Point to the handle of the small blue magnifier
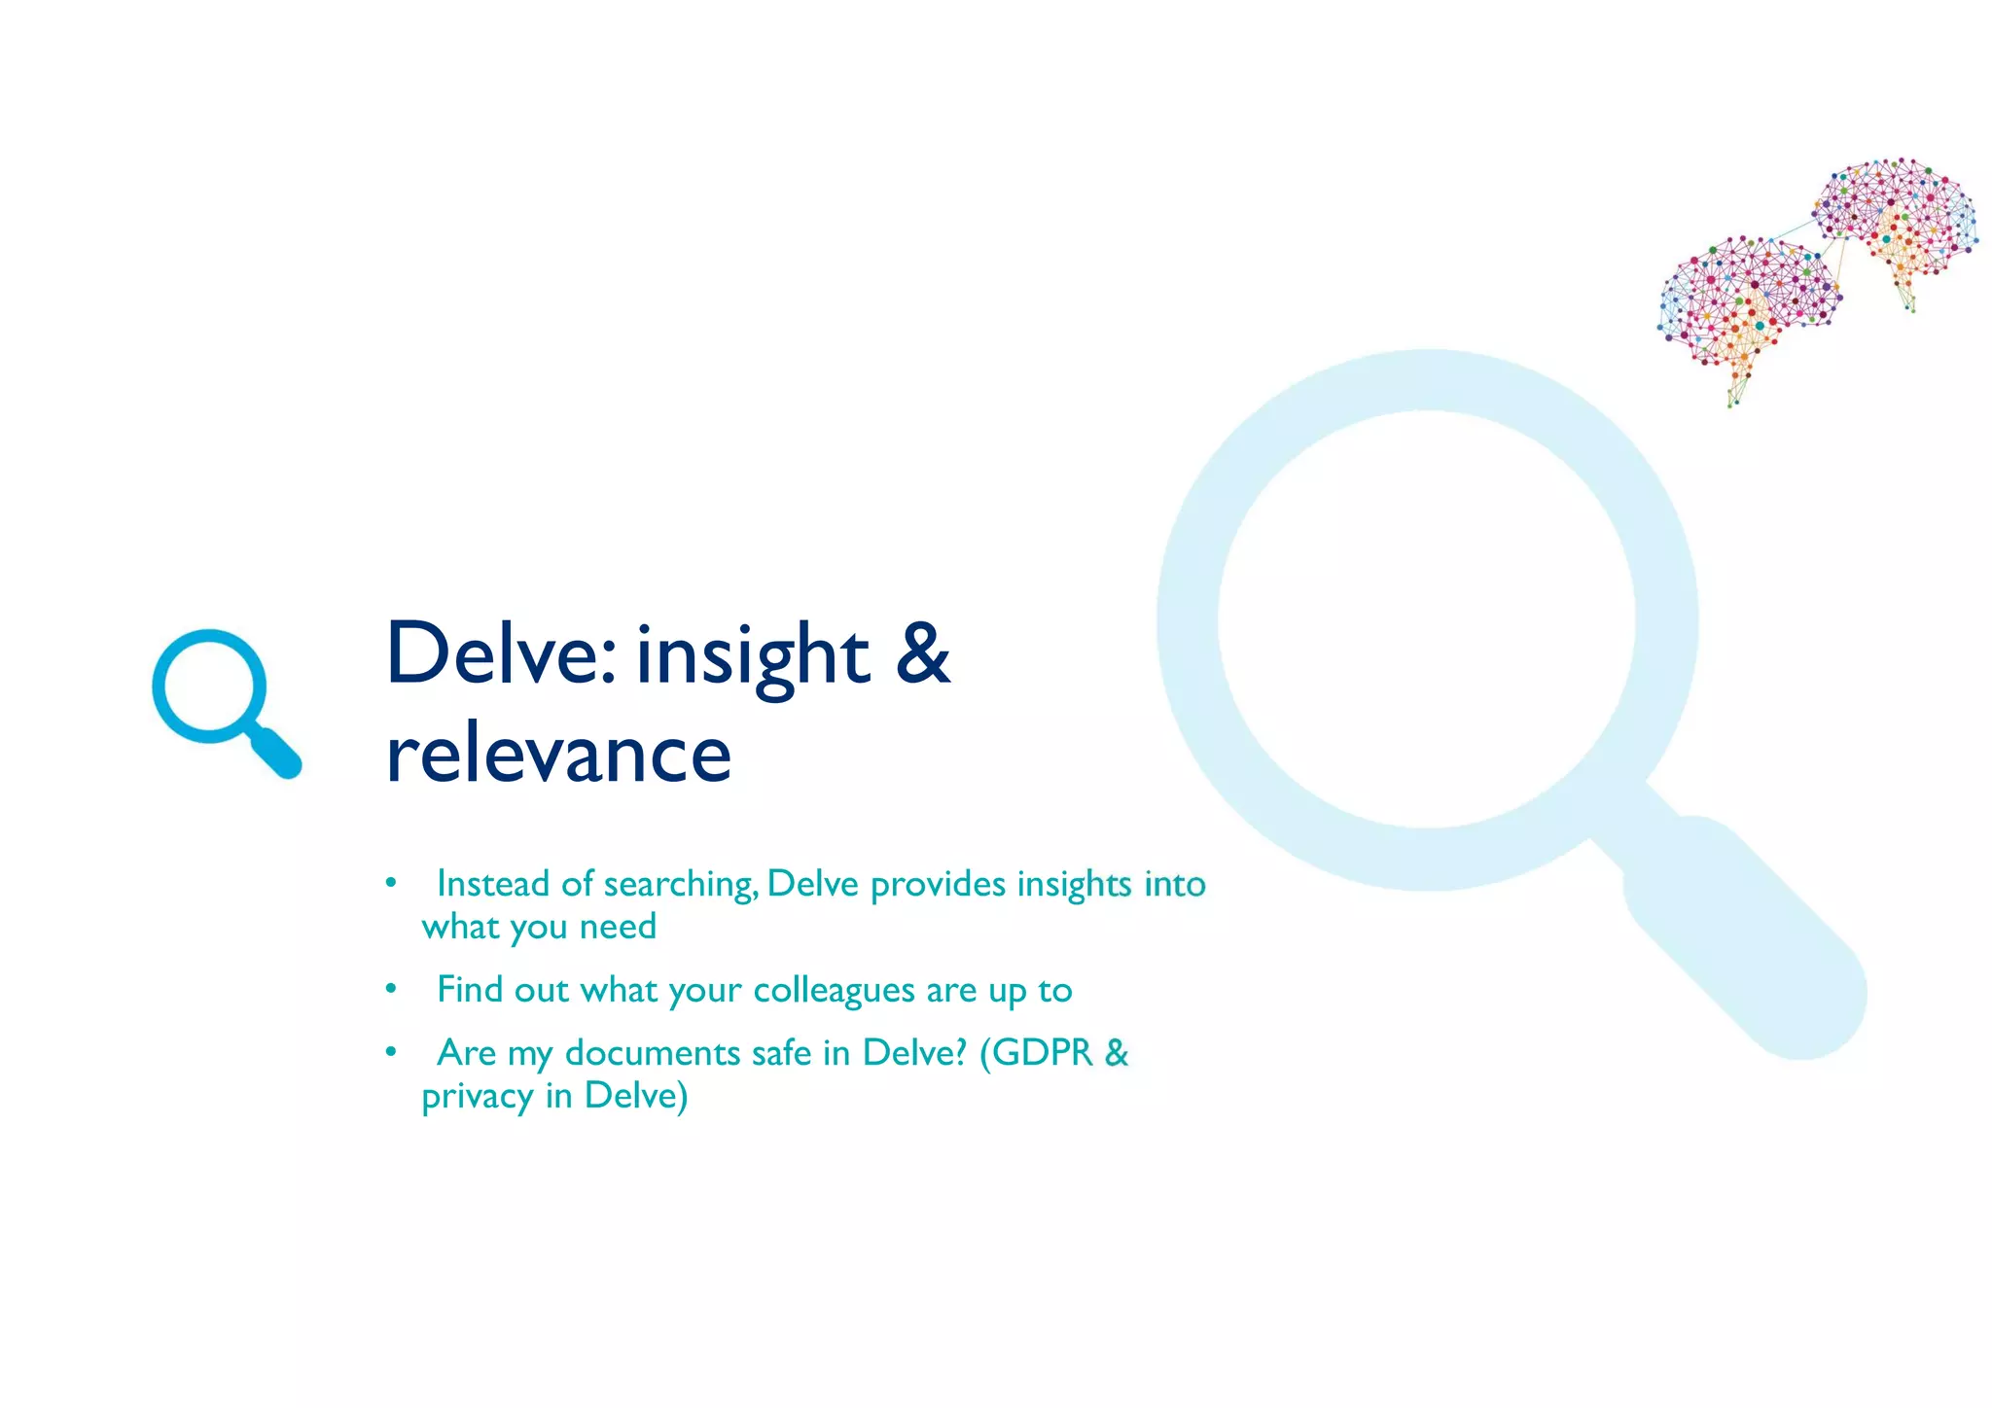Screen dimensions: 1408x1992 [x=276, y=754]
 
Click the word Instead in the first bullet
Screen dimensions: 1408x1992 [x=493, y=884]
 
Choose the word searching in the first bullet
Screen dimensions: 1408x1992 [x=680, y=884]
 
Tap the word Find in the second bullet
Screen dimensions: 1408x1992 [x=470, y=990]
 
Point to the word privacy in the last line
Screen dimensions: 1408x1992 [x=478, y=1097]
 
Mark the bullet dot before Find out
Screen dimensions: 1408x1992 [x=390, y=990]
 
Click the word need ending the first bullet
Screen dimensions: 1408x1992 [x=618, y=927]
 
